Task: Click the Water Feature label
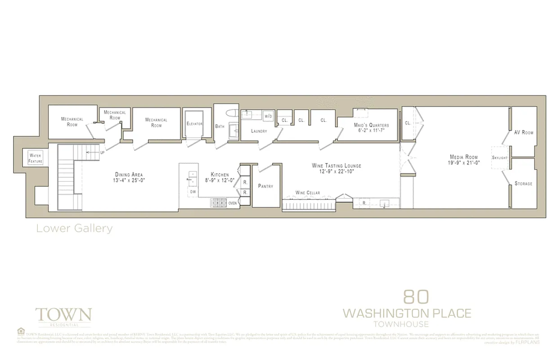(x=35, y=158)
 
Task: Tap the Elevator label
(x=195, y=124)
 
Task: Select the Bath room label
(x=220, y=126)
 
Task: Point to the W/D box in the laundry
(x=269, y=116)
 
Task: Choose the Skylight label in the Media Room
(x=500, y=158)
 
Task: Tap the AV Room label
(x=524, y=132)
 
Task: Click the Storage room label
(x=524, y=184)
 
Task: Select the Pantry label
(x=265, y=186)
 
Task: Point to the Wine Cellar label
(x=308, y=193)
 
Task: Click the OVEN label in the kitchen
(x=233, y=203)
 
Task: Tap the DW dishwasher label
(x=193, y=192)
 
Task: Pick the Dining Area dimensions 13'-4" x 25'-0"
(x=129, y=180)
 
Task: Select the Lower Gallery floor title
(x=74, y=229)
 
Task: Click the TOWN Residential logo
(x=63, y=316)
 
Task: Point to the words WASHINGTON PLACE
(x=407, y=313)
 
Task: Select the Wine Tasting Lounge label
(x=336, y=166)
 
